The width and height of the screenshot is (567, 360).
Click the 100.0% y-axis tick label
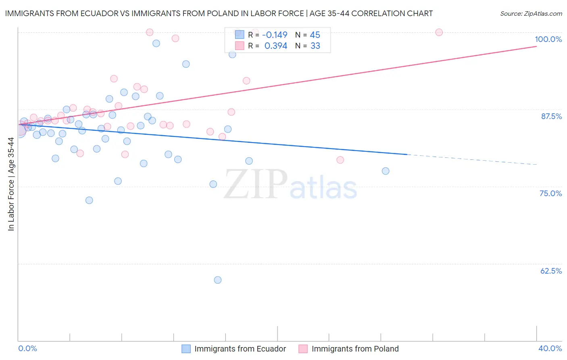point(548,39)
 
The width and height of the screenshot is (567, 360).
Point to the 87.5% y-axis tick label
point(551,116)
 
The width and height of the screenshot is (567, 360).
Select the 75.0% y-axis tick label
point(550,193)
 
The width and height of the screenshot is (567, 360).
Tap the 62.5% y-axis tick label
point(551,271)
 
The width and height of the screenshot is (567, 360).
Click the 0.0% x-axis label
point(27,348)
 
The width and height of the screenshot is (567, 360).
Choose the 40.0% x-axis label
point(550,348)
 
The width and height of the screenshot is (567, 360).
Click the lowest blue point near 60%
point(218,280)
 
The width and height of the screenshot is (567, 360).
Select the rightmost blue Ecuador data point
point(386,171)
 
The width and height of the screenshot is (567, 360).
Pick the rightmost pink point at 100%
point(439,32)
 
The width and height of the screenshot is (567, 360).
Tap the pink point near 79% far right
point(340,160)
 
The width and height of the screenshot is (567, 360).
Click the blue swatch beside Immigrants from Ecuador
point(186,349)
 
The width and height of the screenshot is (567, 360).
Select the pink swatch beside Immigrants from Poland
point(303,349)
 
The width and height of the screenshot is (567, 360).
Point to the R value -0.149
point(275,35)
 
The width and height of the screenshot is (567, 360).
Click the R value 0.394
point(276,46)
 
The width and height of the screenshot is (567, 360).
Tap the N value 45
point(315,35)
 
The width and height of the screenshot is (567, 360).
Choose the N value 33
point(315,46)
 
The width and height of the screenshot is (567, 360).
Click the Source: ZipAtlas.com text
point(531,14)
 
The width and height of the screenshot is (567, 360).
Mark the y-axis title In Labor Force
point(11,184)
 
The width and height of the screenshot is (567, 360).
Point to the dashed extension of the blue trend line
point(472,159)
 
